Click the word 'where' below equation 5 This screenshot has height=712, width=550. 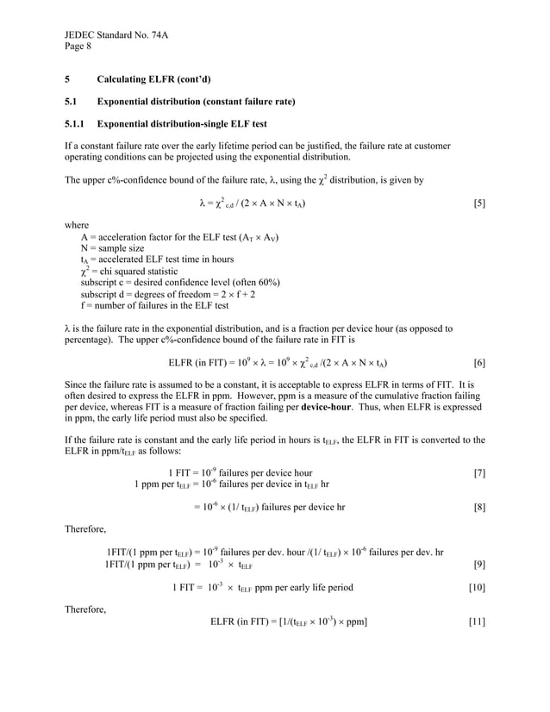pyautogui.click(x=78, y=226)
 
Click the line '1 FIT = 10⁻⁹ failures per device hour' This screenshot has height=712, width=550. pyautogui.click(x=240, y=473)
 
